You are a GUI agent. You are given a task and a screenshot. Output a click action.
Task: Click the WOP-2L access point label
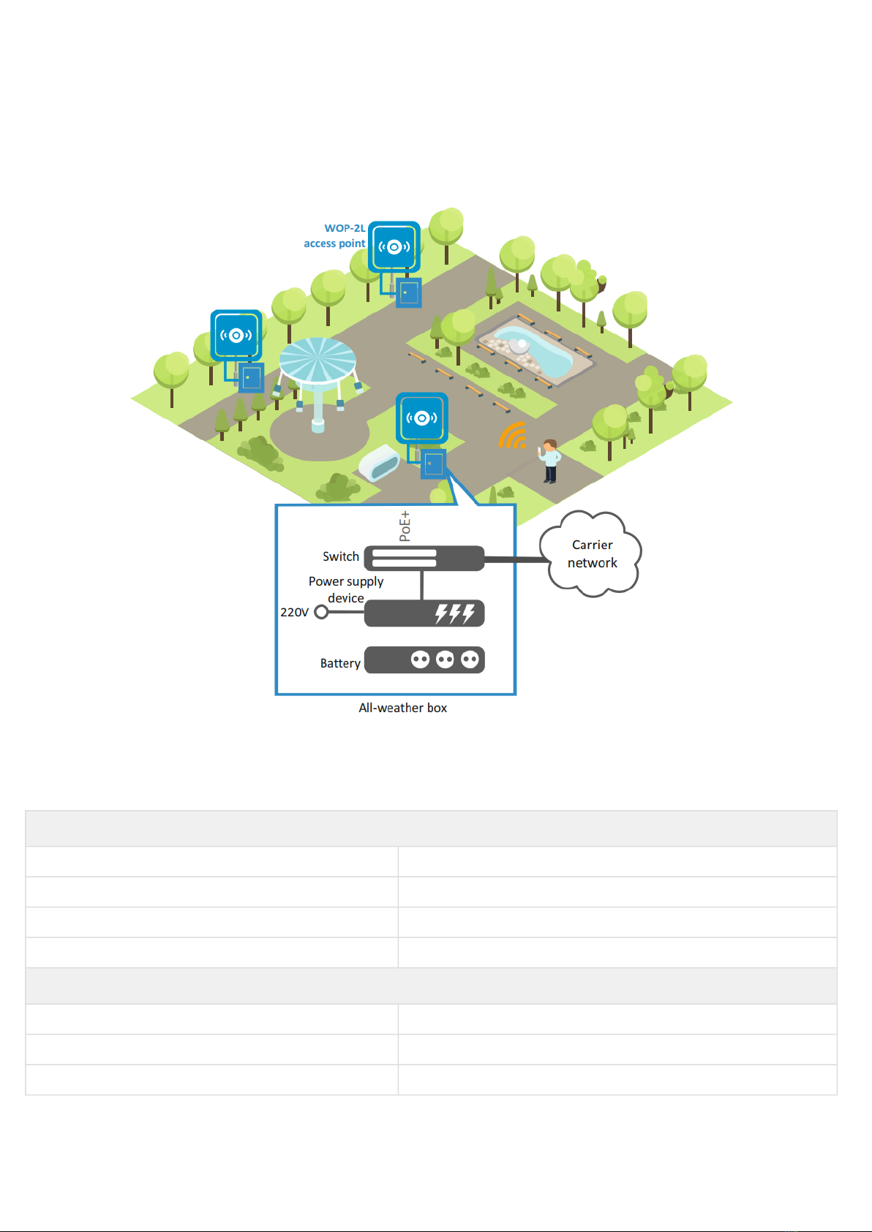pos(334,235)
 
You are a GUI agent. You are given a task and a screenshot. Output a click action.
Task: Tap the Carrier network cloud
pos(591,553)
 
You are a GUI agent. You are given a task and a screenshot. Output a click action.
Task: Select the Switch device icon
pos(424,559)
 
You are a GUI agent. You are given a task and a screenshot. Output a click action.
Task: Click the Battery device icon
pos(424,660)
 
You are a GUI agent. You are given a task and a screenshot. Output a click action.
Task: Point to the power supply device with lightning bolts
pos(424,613)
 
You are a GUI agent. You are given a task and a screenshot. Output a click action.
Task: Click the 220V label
pos(294,612)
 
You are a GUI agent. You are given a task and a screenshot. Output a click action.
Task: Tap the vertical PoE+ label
pos(405,526)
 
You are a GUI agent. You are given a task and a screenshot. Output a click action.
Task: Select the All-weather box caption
pos(403,708)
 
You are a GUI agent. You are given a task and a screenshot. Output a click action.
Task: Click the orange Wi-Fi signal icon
pos(513,435)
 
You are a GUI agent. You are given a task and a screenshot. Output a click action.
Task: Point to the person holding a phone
pos(549,461)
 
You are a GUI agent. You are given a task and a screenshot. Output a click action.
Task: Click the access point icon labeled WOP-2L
pos(394,247)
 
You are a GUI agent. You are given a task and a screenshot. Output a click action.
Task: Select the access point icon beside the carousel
pos(236,335)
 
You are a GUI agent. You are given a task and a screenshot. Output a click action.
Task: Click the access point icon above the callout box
pos(422,418)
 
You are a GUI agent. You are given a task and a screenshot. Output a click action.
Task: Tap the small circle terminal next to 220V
pos(321,612)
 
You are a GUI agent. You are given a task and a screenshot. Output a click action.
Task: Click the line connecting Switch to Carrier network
pos(516,559)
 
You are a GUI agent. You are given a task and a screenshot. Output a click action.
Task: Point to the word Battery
pos(340,663)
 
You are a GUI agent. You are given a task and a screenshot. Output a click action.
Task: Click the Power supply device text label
pos(346,589)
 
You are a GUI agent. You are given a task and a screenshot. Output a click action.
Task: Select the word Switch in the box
pos(341,556)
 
